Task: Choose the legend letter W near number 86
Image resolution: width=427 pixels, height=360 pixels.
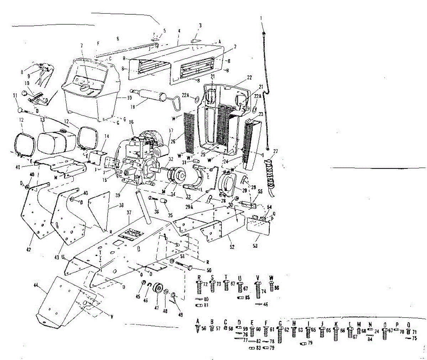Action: pos(272,278)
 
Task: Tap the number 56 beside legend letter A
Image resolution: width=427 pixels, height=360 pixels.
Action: pos(204,329)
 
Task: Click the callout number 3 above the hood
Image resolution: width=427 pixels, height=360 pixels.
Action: pos(200,25)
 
